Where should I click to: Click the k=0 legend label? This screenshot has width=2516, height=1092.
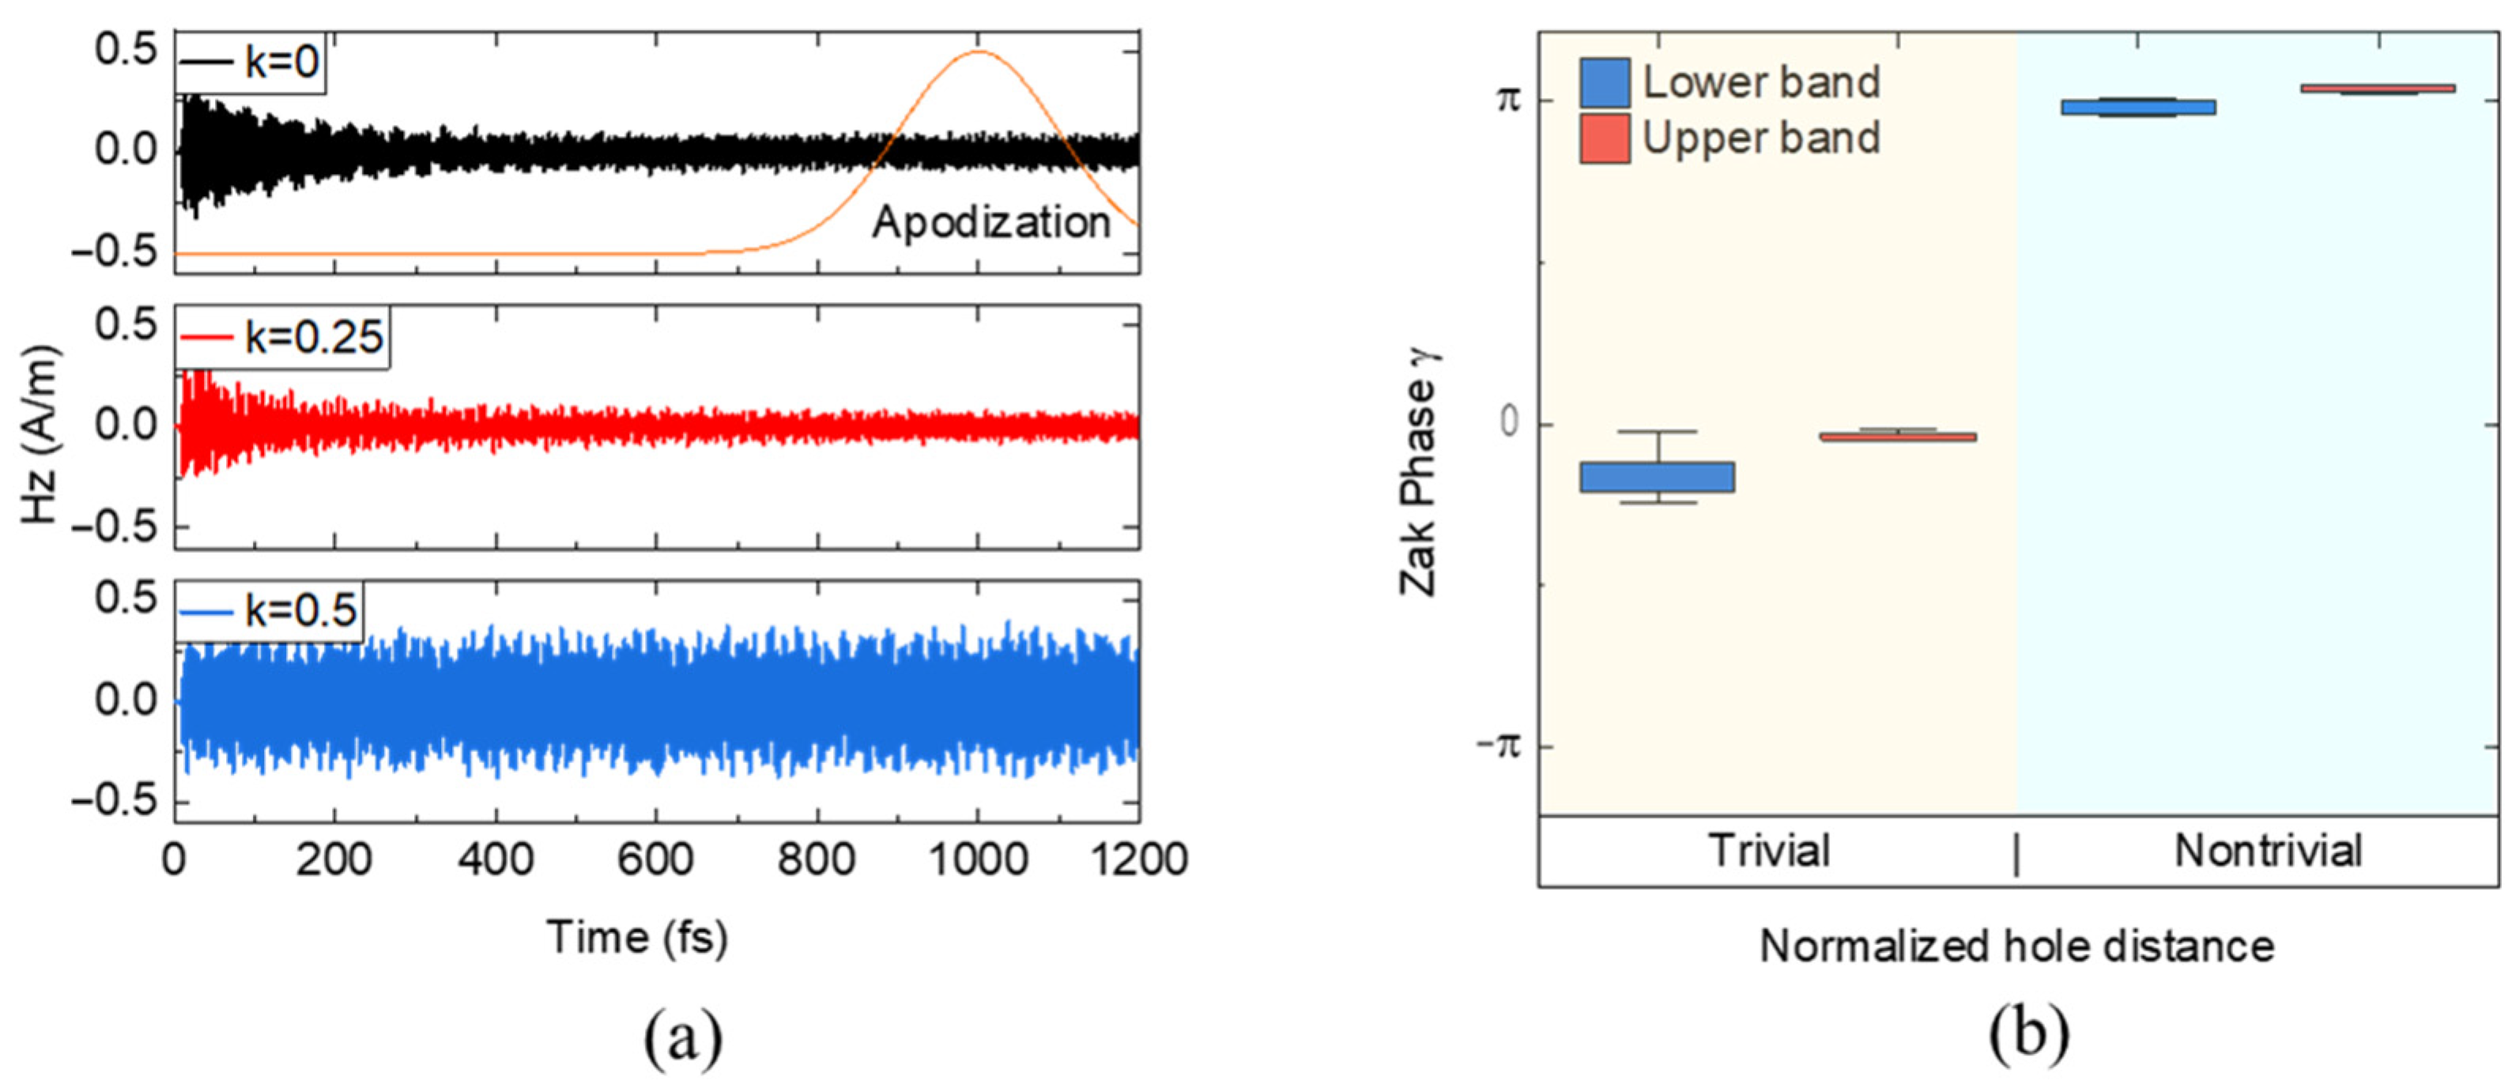[281, 62]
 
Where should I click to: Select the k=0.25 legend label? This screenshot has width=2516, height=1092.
[312, 338]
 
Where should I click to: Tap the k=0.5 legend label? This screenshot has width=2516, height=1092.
[300, 611]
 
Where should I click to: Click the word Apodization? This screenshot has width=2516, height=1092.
[990, 223]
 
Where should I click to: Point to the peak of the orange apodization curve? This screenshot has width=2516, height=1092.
[979, 51]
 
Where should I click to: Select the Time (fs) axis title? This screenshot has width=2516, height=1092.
[637, 938]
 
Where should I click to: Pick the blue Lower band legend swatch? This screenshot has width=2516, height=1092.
[1604, 83]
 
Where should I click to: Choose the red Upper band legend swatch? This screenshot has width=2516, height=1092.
[1604, 138]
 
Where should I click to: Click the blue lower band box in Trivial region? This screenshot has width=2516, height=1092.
[1658, 477]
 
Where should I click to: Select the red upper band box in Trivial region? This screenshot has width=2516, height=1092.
[1897, 436]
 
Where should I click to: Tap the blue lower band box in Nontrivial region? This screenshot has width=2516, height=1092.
[2137, 107]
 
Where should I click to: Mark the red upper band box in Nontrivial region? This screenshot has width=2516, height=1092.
[2378, 88]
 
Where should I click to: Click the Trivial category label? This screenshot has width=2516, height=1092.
[1769, 851]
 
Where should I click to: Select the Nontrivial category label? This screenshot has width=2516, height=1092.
[2267, 851]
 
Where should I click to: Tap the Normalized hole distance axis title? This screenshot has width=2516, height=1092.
[2017, 947]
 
